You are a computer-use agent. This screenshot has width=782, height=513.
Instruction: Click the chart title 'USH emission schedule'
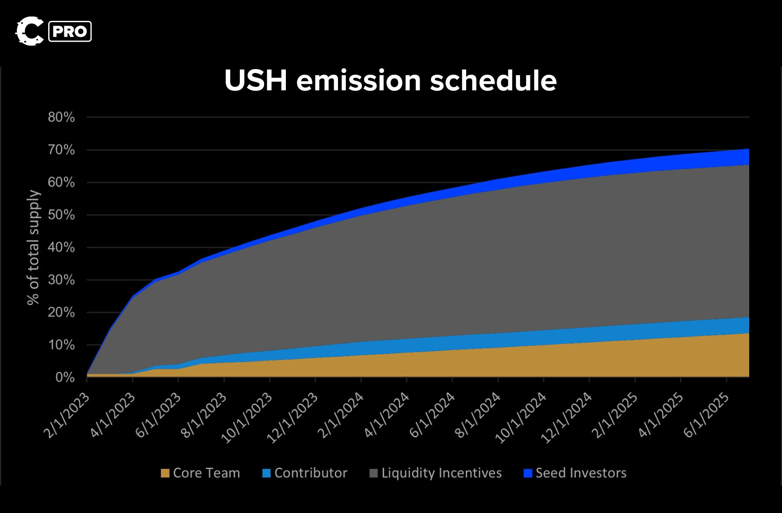(x=390, y=81)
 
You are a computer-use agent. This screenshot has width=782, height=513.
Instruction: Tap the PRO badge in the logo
(x=70, y=32)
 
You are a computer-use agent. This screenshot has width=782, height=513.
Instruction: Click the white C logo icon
(x=30, y=31)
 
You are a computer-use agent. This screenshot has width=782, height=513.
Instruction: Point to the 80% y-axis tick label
(x=61, y=117)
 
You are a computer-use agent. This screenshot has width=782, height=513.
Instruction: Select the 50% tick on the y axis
(x=61, y=215)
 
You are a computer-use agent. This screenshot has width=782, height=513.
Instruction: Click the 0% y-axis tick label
(x=65, y=377)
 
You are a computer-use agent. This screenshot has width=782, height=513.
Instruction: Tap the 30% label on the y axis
(x=61, y=280)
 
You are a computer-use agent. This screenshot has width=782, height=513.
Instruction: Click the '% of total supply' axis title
(x=33, y=248)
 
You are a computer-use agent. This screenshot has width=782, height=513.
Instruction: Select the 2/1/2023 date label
(x=66, y=415)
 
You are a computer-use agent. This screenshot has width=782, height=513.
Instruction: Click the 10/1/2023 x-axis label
(x=247, y=417)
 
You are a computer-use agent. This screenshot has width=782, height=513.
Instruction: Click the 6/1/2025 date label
(x=706, y=415)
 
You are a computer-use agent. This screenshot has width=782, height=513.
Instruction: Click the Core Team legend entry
(x=200, y=473)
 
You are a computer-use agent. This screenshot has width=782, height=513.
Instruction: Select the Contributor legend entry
(x=305, y=473)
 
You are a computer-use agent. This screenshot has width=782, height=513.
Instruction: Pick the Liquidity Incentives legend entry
(x=435, y=473)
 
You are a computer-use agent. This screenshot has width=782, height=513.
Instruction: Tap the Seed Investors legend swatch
(x=528, y=473)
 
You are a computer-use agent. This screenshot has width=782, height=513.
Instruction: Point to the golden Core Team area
(x=521, y=363)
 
